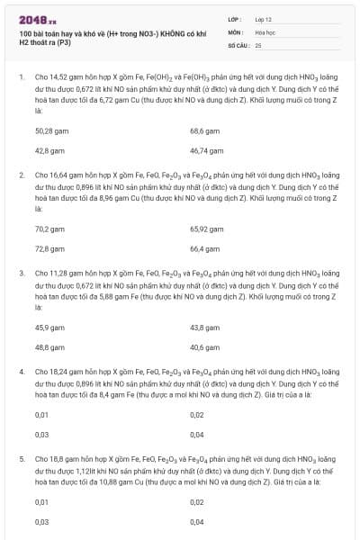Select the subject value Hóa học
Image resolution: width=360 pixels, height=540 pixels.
pyautogui.click(x=265, y=31)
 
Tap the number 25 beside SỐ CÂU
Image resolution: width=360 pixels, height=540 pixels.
pyautogui.click(x=258, y=43)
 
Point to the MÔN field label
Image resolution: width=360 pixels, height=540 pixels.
pyautogui.click(x=233, y=31)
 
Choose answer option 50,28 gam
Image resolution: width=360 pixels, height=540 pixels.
pyautogui.click(x=51, y=130)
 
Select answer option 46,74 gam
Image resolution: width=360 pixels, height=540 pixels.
pyautogui.click(x=206, y=150)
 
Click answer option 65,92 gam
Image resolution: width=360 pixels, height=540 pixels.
pyautogui.click(x=206, y=229)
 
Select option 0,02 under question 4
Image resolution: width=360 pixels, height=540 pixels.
pyautogui.click(x=197, y=415)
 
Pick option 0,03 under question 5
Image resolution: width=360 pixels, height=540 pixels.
pyautogui.click(x=41, y=521)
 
